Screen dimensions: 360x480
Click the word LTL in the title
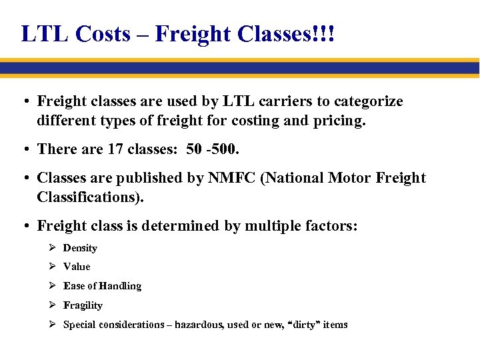(x=44, y=34)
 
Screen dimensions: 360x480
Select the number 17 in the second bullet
(x=115, y=149)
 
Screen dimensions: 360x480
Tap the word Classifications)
(x=90, y=197)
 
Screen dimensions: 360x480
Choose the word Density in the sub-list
(x=80, y=248)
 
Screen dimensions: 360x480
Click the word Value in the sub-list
(x=77, y=267)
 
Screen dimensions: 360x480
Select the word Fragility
(x=83, y=305)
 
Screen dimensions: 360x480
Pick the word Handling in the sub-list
(x=121, y=286)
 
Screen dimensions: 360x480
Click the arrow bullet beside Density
(x=53, y=248)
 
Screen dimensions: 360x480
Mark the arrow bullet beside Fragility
(x=53, y=305)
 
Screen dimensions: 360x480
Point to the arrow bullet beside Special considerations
(x=53, y=325)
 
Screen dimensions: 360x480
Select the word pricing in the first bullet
(x=340, y=121)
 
